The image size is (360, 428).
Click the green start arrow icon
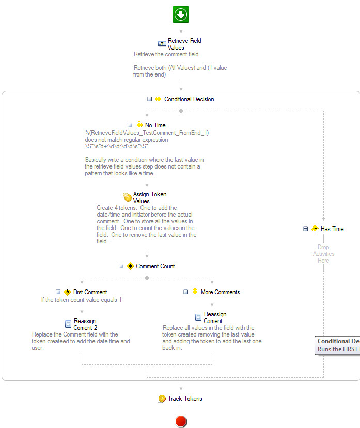coord(181,14)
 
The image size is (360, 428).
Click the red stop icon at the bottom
coord(181,421)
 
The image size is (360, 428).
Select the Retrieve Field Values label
coord(184,44)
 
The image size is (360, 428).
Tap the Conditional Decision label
coord(189,99)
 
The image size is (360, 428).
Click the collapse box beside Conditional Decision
coord(149,99)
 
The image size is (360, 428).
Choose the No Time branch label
coord(155,125)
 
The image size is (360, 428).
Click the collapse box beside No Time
coord(130,125)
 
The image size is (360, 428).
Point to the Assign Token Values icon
coord(128,197)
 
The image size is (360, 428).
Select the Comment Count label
coord(155,266)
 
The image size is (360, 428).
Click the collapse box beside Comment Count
coord(121,266)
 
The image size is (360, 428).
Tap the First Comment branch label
coord(90,292)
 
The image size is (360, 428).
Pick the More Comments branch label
coord(220,292)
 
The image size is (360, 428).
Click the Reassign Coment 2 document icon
coord(68,324)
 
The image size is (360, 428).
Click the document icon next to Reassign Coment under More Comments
coord(198,317)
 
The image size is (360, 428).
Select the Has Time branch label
coord(332,229)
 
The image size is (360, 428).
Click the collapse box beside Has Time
coord(306,229)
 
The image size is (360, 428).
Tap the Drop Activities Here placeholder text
coord(323,254)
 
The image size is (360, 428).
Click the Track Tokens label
coord(185,399)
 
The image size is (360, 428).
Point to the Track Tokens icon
coord(162,399)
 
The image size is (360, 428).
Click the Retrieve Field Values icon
coord(162,44)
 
